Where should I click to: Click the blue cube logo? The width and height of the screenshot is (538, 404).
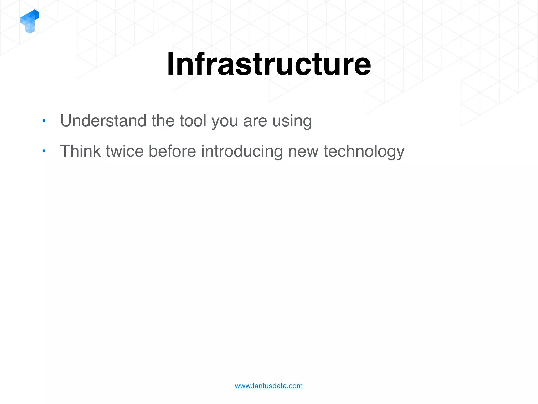click(30, 21)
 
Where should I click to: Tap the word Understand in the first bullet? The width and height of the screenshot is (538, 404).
click(103, 121)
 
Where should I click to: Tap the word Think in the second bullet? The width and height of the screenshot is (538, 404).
click(80, 151)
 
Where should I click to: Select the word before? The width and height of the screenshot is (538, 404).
click(172, 151)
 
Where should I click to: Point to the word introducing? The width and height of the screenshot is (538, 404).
click(242, 152)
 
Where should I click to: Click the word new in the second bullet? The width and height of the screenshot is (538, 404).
click(303, 152)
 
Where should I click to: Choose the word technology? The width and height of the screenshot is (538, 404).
click(364, 152)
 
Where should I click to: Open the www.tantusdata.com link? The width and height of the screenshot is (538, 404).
click(269, 386)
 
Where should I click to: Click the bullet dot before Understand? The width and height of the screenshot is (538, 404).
click(44, 121)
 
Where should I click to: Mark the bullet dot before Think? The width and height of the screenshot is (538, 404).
click(44, 151)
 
